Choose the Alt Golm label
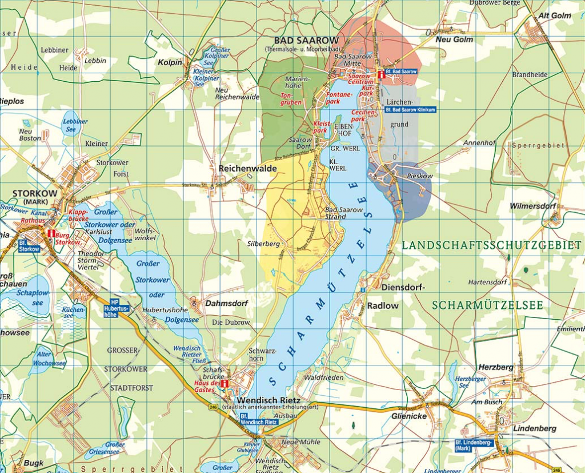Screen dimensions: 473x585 click(x=554, y=15)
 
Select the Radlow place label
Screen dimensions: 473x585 click(x=383, y=306)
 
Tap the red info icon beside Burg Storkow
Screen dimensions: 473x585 click(x=51, y=233)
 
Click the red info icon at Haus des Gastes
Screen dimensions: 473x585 click(x=225, y=384)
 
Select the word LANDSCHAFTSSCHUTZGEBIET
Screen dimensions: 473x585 click(x=491, y=245)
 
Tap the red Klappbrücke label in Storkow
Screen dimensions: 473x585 click(x=78, y=216)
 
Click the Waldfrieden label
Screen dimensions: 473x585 click(x=324, y=377)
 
